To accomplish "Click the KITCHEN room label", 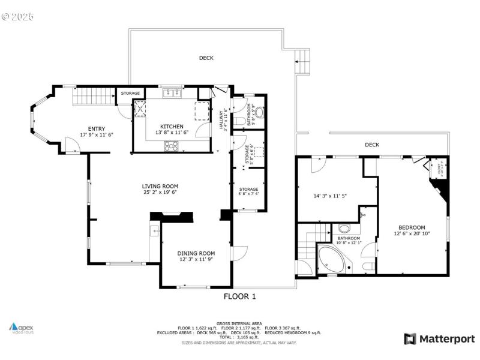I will [x=172, y=127].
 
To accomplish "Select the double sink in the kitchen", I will [x=173, y=92].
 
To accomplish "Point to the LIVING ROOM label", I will [x=160, y=186].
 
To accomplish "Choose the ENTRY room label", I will [x=97, y=128].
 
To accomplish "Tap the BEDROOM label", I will [x=412, y=227].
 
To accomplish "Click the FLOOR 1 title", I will [x=240, y=296].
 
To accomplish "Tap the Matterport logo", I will [x=439, y=339].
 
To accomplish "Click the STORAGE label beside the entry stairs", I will [x=130, y=94].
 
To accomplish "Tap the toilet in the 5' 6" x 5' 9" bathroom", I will [x=240, y=121].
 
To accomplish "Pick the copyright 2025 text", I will [x=17, y=16].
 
